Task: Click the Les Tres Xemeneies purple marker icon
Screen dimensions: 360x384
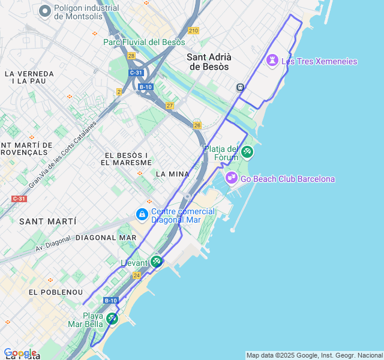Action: pos(272,61)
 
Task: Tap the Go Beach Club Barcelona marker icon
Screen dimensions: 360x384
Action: pos(232,178)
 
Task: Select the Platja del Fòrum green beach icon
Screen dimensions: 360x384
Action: pos(247,152)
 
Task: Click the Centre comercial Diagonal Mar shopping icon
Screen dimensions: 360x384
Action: pos(142,214)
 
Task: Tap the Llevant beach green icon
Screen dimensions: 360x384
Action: pos(156,262)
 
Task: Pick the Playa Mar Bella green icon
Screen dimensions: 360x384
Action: pos(112,319)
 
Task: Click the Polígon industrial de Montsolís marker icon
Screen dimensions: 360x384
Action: pos(45,11)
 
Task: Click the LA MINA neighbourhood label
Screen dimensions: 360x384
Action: pos(172,174)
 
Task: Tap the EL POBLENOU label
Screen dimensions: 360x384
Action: pos(55,292)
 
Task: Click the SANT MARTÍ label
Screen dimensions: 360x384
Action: pos(47,221)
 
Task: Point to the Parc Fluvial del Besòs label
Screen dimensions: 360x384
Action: pos(142,42)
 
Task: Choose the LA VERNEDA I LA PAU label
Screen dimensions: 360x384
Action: pos(29,77)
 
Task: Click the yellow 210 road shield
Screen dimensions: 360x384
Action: pos(193,31)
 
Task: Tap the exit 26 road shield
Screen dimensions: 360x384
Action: pos(197,125)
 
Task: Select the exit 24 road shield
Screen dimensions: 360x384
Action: pos(137,275)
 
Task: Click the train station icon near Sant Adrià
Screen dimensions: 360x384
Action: pos(240,87)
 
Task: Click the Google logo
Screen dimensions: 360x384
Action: pos(20,353)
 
